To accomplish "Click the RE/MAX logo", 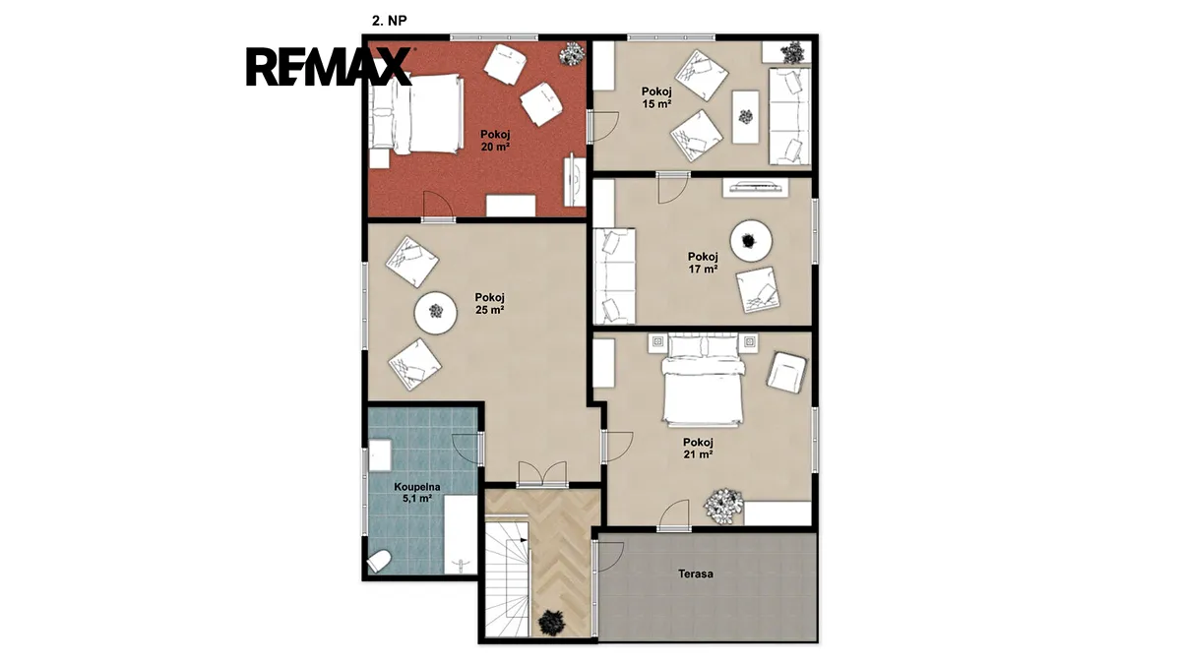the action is (329, 67).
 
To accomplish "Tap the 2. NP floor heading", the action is (389, 21).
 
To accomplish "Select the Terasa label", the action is (696, 573).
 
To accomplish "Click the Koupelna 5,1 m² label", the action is (417, 492).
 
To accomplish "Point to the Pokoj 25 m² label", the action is (489, 304).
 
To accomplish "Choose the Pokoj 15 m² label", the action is (656, 97).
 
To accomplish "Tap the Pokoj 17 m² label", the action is (703, 263).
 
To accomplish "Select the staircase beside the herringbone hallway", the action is (506, 577).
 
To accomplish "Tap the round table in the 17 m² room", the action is (751, 241).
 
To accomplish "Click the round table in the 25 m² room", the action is (435, 312).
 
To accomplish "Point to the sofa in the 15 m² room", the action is (789, 116).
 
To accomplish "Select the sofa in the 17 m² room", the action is (614, 275).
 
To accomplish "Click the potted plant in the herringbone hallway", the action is (552, 623).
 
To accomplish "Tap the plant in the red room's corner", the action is (573, 54).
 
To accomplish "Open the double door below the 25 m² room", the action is (542, 474).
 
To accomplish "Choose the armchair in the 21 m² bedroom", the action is (786, 373).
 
